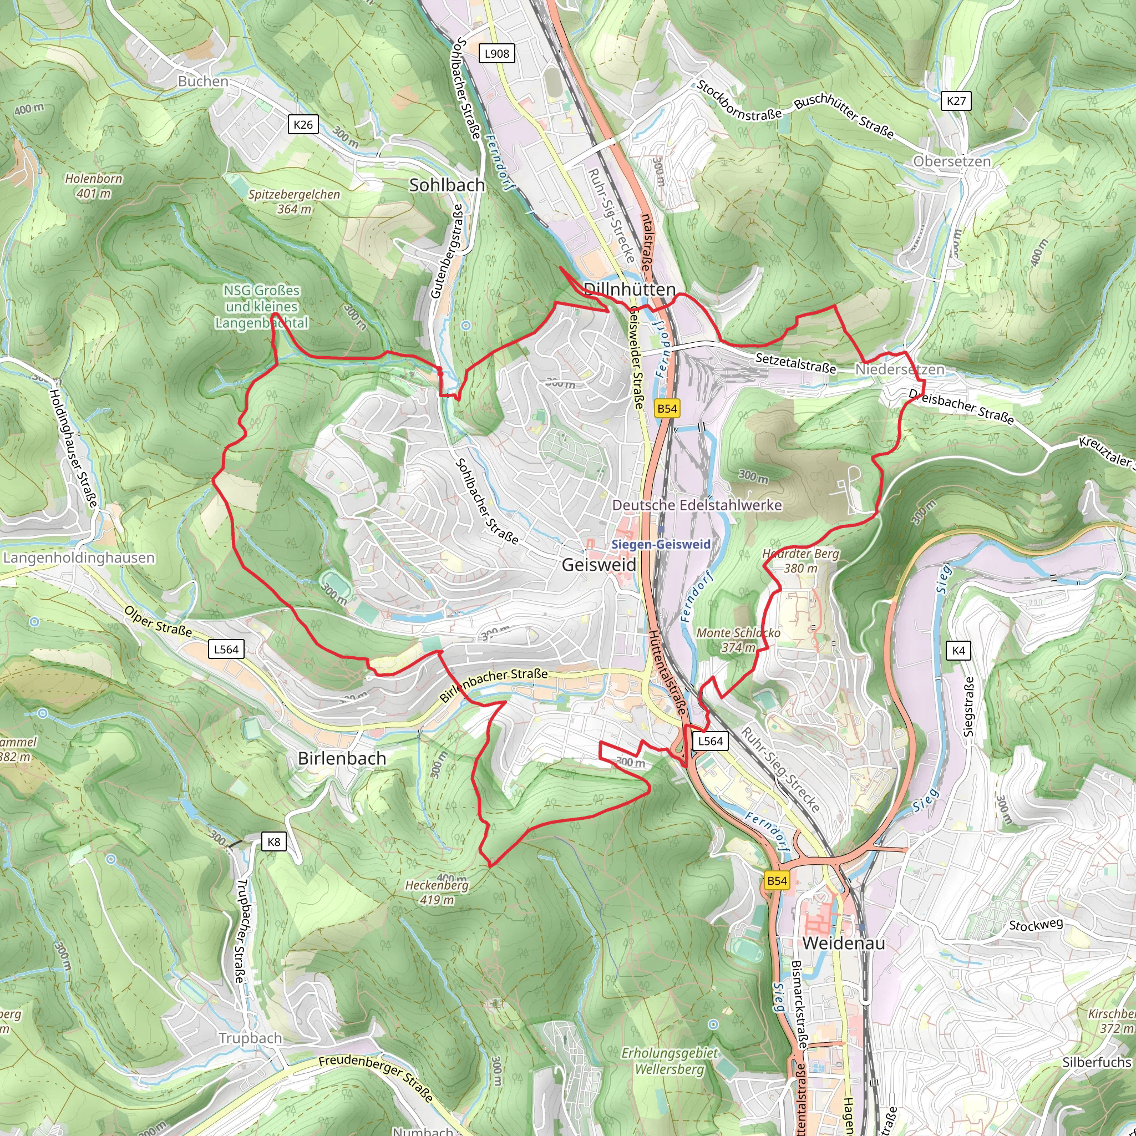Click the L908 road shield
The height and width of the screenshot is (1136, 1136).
pyautogui.click(x=497, y=53)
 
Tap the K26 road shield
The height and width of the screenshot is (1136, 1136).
pyautogui.click(x=303, y=125)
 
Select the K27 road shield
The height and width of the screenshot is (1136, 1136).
pyautogui.click(x=956, y=100)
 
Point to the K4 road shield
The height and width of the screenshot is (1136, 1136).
pyautogui.click(x=958, y=650)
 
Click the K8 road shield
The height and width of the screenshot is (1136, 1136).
pyautogui.click(x=273, y=841)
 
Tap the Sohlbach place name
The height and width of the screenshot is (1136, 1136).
pyautogui.click(x=447, y=185)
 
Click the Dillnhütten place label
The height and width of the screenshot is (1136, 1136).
pyautogui.click(x=629, y=290)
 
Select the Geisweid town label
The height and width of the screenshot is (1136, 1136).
pyautogui.click(x=599, y=565)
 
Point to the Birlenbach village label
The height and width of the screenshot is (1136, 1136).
pyautogui.click(x=342, y=758)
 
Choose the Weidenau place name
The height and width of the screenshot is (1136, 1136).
pyautogui.click(x=843, y=943)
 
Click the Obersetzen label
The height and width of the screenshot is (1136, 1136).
pyautogui.click(x=951, y=161)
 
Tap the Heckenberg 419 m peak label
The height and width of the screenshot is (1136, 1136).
pyautogui.click(x=437, y=892)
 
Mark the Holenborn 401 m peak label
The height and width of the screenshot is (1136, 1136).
pyautogui.click(x=94, y=186)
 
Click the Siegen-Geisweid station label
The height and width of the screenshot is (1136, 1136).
pyautogui.click(x=661, y=545)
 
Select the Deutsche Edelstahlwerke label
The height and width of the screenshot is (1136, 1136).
pyautogui.click(x=697, y=505)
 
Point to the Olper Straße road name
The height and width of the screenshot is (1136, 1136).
pyautogui.click(x=158, y=621)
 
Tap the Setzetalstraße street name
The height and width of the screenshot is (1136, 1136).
pyautogui.click(x=795, y=363)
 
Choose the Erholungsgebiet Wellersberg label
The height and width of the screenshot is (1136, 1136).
pyautogui.click(x=670, y=1061)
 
